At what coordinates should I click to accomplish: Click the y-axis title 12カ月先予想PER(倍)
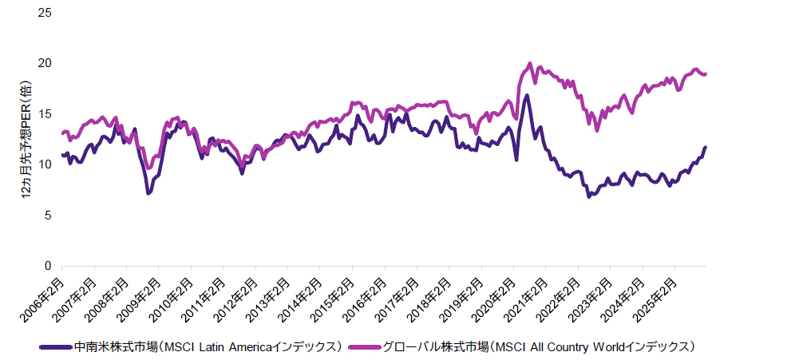pos(26,140)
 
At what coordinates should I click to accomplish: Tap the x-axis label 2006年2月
pos(45,295)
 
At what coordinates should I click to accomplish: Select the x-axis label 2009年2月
pos(141,295)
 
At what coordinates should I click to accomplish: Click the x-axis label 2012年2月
pos(238,295)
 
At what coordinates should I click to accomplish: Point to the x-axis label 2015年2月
pos(334,295)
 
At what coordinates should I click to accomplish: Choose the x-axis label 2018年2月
pos(432,295)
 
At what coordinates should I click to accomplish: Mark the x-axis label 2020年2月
pos(496,295)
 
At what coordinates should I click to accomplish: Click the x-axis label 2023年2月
pos(593,295)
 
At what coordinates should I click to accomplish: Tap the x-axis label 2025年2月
pos(658,295)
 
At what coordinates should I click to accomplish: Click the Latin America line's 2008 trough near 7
pos(148,193)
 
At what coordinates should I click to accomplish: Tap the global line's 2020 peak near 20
pos(530,64)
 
